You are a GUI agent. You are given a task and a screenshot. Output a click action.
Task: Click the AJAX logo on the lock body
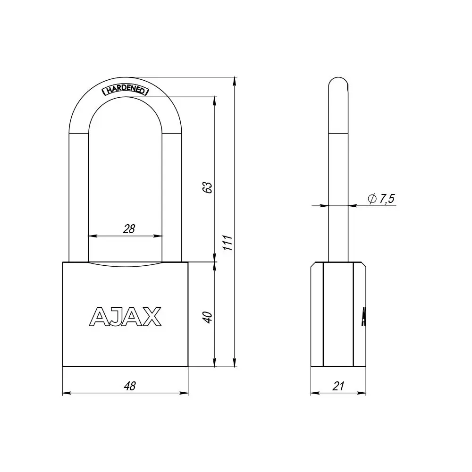[x=126, y=317]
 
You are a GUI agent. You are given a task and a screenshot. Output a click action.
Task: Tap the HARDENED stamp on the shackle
[x=126, y=90]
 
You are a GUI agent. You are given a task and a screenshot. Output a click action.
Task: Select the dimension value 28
[x=129, y=229]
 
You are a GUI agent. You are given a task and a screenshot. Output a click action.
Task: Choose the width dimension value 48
[x=129, y=386]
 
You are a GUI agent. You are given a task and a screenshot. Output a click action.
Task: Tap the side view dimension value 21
[x=338, y=386]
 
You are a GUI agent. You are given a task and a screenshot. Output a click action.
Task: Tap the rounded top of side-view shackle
[x=338, y=83]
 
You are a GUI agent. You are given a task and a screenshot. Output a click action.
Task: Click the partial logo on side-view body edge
[x=364, y=317]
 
